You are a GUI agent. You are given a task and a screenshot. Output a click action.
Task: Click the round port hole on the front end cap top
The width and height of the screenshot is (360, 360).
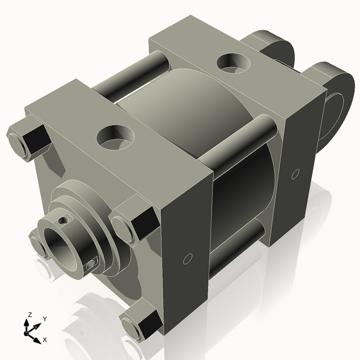coord(115,137)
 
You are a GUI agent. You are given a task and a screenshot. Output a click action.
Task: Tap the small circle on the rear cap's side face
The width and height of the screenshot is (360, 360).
coord(295,174)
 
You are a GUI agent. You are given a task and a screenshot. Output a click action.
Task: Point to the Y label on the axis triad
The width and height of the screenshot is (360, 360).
coord(44,319)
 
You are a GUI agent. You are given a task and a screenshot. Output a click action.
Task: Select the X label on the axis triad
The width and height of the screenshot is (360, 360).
coord(44,340)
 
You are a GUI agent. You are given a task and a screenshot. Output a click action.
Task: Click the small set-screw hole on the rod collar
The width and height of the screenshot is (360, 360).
coord(91,263)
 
